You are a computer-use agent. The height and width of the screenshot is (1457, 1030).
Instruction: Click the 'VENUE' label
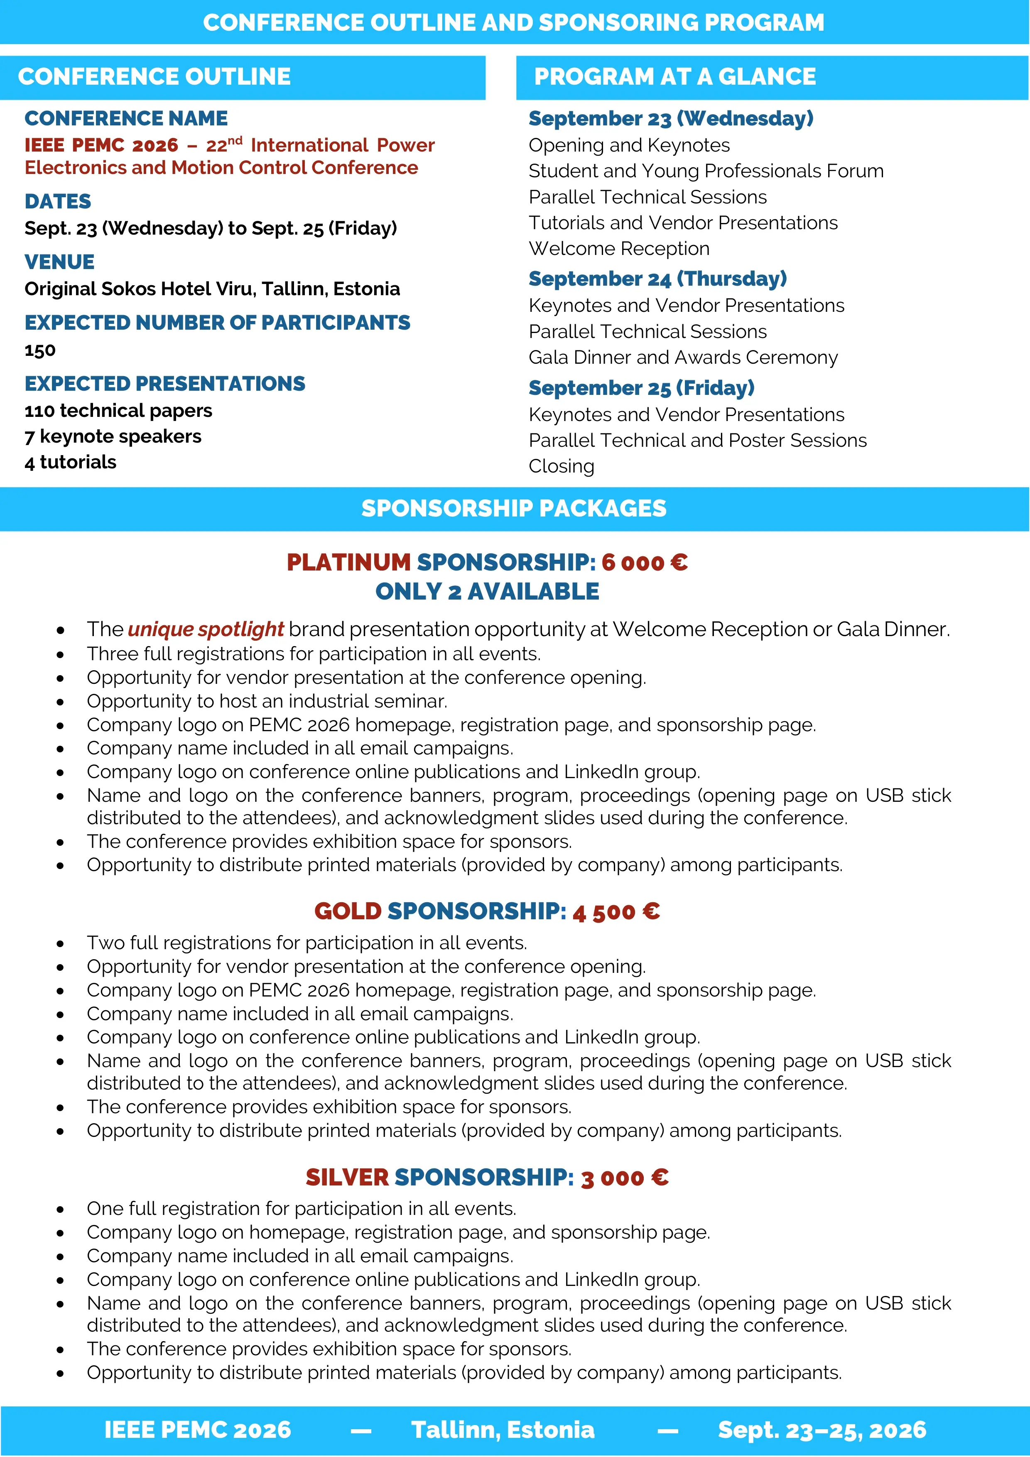click(60, 262)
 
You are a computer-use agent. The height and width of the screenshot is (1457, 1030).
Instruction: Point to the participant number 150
click(40, 350)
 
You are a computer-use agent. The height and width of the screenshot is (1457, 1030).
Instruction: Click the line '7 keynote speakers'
click(113, 436)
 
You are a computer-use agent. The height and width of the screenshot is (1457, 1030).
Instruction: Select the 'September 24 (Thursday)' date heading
click(657, 279)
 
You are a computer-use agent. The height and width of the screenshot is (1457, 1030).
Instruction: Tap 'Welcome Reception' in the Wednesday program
click(619, 249)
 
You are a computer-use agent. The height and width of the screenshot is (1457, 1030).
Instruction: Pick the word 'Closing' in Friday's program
click(561, 466)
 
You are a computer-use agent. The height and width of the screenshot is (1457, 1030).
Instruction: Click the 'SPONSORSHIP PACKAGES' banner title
click(514, 508)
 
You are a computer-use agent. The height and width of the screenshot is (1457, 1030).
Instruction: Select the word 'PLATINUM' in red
click(348, 562)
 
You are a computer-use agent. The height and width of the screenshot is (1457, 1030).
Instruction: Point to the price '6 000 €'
click(644, 562)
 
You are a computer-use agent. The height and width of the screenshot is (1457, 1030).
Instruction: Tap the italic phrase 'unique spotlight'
click(206, 629)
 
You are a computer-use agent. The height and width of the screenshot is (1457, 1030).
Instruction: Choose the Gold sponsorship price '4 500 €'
click(616, 912)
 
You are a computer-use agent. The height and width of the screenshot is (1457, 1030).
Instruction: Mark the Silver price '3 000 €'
click(625, 1178)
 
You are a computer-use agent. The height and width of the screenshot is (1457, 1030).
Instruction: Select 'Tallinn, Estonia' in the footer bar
click(503, 1430)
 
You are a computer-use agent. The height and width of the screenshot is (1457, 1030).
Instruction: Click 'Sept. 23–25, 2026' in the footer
click(822, 1430)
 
